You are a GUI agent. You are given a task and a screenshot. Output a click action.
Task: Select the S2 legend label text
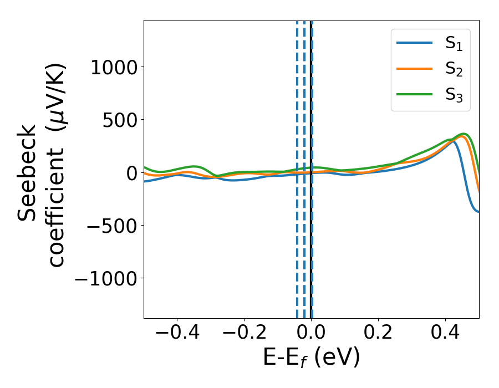(454, 70)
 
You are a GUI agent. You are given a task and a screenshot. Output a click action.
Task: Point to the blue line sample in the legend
(415, 44)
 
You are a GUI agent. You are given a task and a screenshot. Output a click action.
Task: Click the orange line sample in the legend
(415, 68)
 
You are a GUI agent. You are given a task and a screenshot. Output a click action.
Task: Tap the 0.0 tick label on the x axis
(311, 336)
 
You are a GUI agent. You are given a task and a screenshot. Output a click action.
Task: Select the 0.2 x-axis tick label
(378, 336)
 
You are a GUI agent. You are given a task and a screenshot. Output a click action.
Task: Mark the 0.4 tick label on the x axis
(445, 336)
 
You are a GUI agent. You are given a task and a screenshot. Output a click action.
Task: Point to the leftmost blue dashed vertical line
(297, 166)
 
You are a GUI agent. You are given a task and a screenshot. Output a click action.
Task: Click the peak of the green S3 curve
(465, 134)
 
